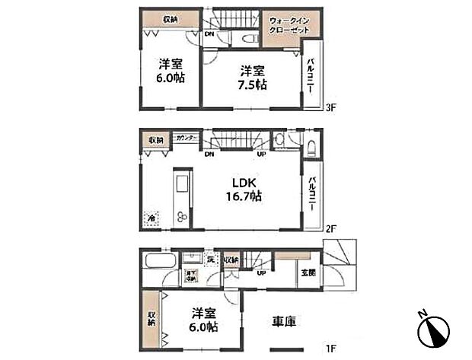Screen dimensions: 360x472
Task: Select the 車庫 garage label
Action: pyautogui.click(x=282, y=322)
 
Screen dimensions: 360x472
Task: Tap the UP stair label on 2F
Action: pyautogui.click(x=262, y=155)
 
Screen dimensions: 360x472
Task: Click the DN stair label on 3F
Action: pyautogui.click(x=209, y=34)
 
